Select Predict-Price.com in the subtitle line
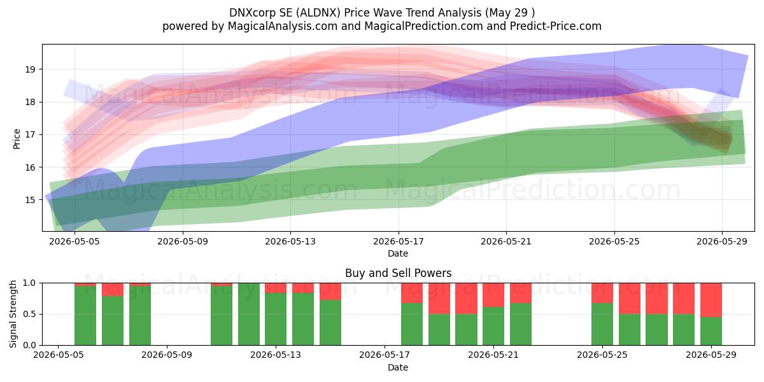[556, 26]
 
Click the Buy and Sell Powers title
[398, 273]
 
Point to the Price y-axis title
[17, 139]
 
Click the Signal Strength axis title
[13, 314]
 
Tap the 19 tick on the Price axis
[30, 69]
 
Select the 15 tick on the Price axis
[30, 200]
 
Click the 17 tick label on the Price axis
[30, 135]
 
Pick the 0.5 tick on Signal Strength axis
[29, 314]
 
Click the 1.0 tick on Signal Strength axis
[29, 283]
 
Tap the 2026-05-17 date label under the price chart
[399, 241]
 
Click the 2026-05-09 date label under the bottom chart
[167, 355]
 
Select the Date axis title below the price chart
[398, 253]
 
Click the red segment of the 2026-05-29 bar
[711, 300]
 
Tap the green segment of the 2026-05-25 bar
[602, 324]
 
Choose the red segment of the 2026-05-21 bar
[493, 295]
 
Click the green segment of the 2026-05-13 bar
[276, 319]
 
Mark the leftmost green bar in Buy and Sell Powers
[85, 316]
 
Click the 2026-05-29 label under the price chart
[722, 241]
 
